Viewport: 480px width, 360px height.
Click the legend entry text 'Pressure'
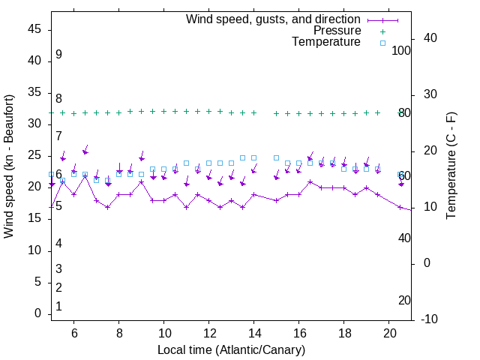coord(337,31)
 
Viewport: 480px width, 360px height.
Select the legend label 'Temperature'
coord(326,43)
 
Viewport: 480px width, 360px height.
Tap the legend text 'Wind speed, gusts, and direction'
coord(274,19)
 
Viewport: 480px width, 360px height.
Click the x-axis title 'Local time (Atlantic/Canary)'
coord(231,350)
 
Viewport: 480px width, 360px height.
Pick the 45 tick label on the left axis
coord(34,29)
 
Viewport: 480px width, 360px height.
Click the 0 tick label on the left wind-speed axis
coord(37,313)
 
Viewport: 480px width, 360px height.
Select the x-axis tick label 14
coord(254,333)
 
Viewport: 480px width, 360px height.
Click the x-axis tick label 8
coord(119,333)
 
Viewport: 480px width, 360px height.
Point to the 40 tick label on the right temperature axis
coord(430,38)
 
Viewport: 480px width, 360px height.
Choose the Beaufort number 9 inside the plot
coord(58,55)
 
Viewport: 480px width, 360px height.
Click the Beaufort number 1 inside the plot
coord(58,307)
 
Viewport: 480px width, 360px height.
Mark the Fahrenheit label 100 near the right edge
coord(401,50)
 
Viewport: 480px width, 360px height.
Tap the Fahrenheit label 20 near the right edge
coord(404,300)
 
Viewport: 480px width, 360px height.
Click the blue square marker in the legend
coord(382,43)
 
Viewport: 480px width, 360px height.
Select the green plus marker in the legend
coord(382,31)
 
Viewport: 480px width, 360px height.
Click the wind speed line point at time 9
coord(141,181)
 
